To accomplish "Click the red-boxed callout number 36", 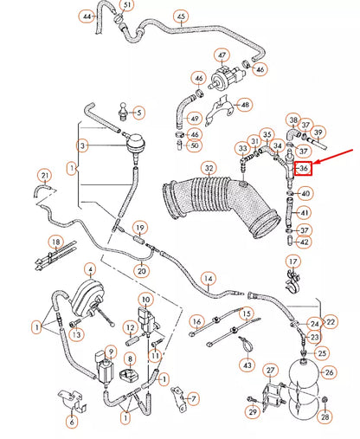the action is pyautogui.click(x=304, y=168).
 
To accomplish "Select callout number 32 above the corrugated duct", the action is pyautogui.click(x=209, y=168).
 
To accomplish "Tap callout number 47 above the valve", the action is pyautogui.click(x=222, y=55).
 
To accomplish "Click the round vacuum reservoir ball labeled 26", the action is pyautogui.click(x=304, y=372).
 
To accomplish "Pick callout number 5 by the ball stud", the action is pyautogui.click(x=138, y=113).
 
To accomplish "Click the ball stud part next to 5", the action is pyautogui.click(x=123, y=112).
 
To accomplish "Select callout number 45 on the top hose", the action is pyautogui.click(x=181, y=16).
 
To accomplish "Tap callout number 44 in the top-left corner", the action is pyautogui.click(x=87, y=16).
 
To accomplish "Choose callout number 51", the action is pyautogui.click(x=127, y=5).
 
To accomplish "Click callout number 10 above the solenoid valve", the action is pyautogui.click(x=145, y=300).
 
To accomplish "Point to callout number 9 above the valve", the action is pyautogui.click(x=111, y=352).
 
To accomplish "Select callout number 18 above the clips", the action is pyautogui.click(x=56, y=242).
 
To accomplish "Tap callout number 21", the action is pyautogui.click(x=45, y=176).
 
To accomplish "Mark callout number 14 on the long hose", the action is pyautogui.click(x=209, y=279).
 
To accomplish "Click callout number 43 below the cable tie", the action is pyautogui.click(x=247, y=365).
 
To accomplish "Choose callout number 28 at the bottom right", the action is pyautogui.click(x=325, y=416).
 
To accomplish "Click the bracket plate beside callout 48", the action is pyautogui.click(x=219, y=110).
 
